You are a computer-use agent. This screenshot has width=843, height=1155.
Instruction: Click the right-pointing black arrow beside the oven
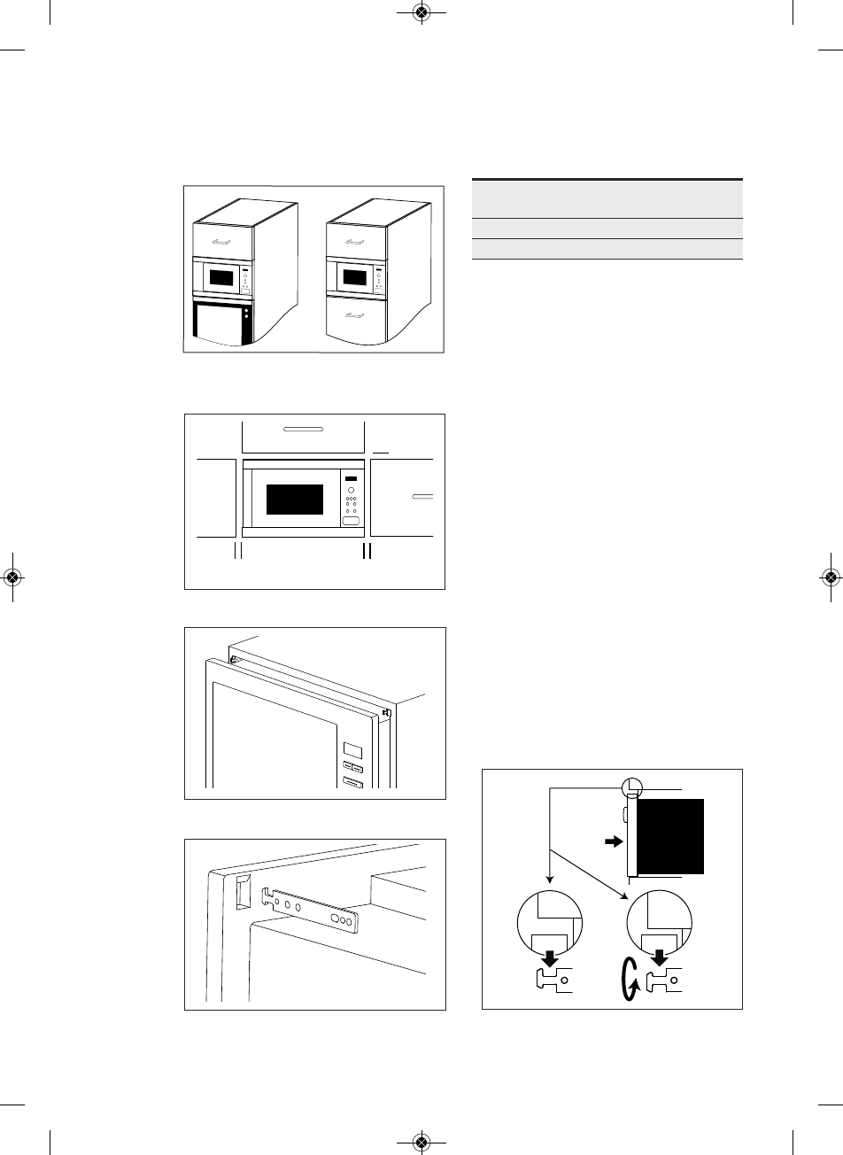point(612,844)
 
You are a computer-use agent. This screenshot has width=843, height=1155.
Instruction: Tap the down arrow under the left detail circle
point(551,957)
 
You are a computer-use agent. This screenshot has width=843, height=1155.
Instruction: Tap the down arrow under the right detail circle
point(659,957)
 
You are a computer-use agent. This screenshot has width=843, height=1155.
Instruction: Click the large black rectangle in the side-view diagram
point(670,835)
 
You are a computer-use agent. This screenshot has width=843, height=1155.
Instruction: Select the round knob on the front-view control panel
point(352,492)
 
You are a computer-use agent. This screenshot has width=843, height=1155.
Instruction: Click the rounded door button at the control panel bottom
point(352,523)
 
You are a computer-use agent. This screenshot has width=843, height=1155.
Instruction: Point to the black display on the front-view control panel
point(351,479)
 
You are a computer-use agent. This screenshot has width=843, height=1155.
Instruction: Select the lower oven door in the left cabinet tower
point(219,325)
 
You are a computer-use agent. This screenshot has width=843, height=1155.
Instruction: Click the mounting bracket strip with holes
point(314,911)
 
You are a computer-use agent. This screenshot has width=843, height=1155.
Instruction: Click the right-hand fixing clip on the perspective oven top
point(388,712)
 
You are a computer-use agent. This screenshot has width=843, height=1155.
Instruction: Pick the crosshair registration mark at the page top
point(421,12)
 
